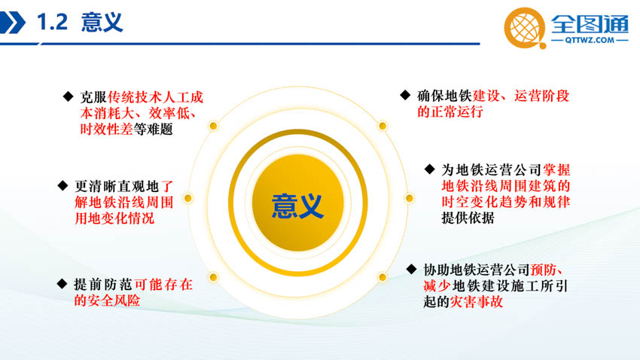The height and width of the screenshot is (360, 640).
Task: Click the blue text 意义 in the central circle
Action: click(297, 206)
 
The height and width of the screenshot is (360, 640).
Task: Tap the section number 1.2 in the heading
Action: click(52, 22)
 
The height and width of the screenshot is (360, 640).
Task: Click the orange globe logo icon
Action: click(525, 28)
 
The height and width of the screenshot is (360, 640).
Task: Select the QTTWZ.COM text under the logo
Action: click(590, 40)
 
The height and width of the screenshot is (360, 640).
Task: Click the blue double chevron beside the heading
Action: click(12, 23)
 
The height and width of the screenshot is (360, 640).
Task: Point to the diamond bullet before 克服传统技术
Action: click(69, 96)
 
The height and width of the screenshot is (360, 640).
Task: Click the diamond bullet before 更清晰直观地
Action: click(62, 186)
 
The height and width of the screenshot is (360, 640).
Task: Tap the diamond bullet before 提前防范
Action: click(62, 284)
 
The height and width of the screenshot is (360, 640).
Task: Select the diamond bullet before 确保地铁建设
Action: click(405, 95)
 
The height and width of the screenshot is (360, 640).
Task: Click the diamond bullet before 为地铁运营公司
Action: click(429, 169)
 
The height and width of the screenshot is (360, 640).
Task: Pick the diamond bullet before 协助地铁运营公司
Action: click(411, 269)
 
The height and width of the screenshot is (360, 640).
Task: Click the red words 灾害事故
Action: click(477, 302)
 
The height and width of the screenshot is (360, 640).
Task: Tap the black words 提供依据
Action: click(468, 218)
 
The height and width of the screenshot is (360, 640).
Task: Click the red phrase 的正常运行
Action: click(450, 111)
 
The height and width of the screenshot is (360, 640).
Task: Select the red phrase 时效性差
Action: click(106, 129)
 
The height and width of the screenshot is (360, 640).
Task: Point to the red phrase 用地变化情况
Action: click(114, 218)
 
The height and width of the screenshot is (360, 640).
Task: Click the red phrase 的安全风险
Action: click(107, 301)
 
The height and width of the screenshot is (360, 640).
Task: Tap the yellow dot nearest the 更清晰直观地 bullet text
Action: click(187, 198)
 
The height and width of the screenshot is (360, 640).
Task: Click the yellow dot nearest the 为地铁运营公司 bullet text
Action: click(410, 198)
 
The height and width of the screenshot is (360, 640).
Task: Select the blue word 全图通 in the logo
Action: click(590, 23)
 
